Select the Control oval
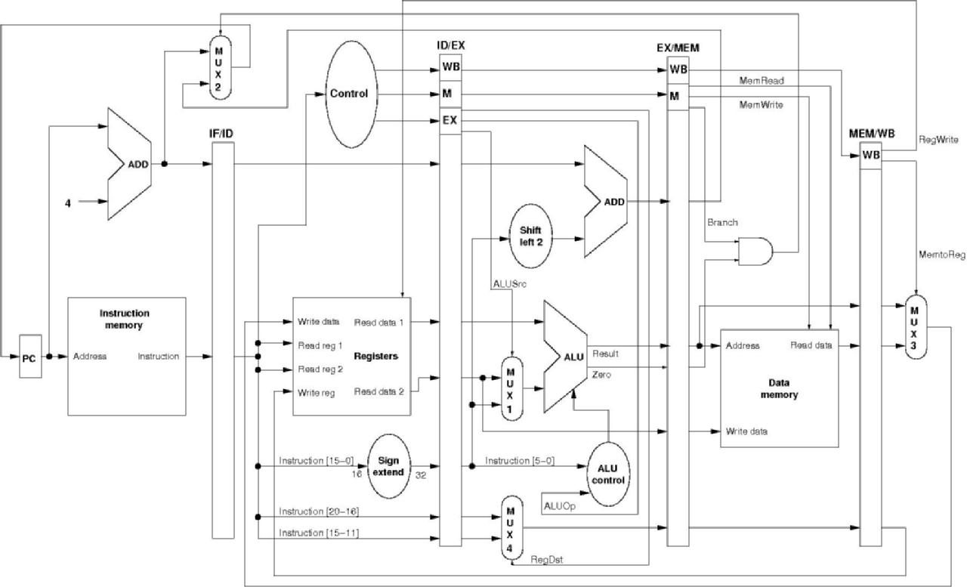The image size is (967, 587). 350,94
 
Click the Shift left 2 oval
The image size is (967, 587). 531,236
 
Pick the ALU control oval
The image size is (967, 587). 607,474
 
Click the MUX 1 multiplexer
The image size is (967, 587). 511,386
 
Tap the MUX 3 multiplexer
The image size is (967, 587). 915,328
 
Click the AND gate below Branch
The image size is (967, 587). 757,252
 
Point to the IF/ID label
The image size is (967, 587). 222,133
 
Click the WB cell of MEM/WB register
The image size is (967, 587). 870,155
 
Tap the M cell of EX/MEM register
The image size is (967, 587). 674,95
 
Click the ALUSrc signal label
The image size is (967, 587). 506,283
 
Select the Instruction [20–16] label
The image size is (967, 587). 318,511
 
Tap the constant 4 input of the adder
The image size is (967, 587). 68,202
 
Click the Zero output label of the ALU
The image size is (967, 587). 603,374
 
